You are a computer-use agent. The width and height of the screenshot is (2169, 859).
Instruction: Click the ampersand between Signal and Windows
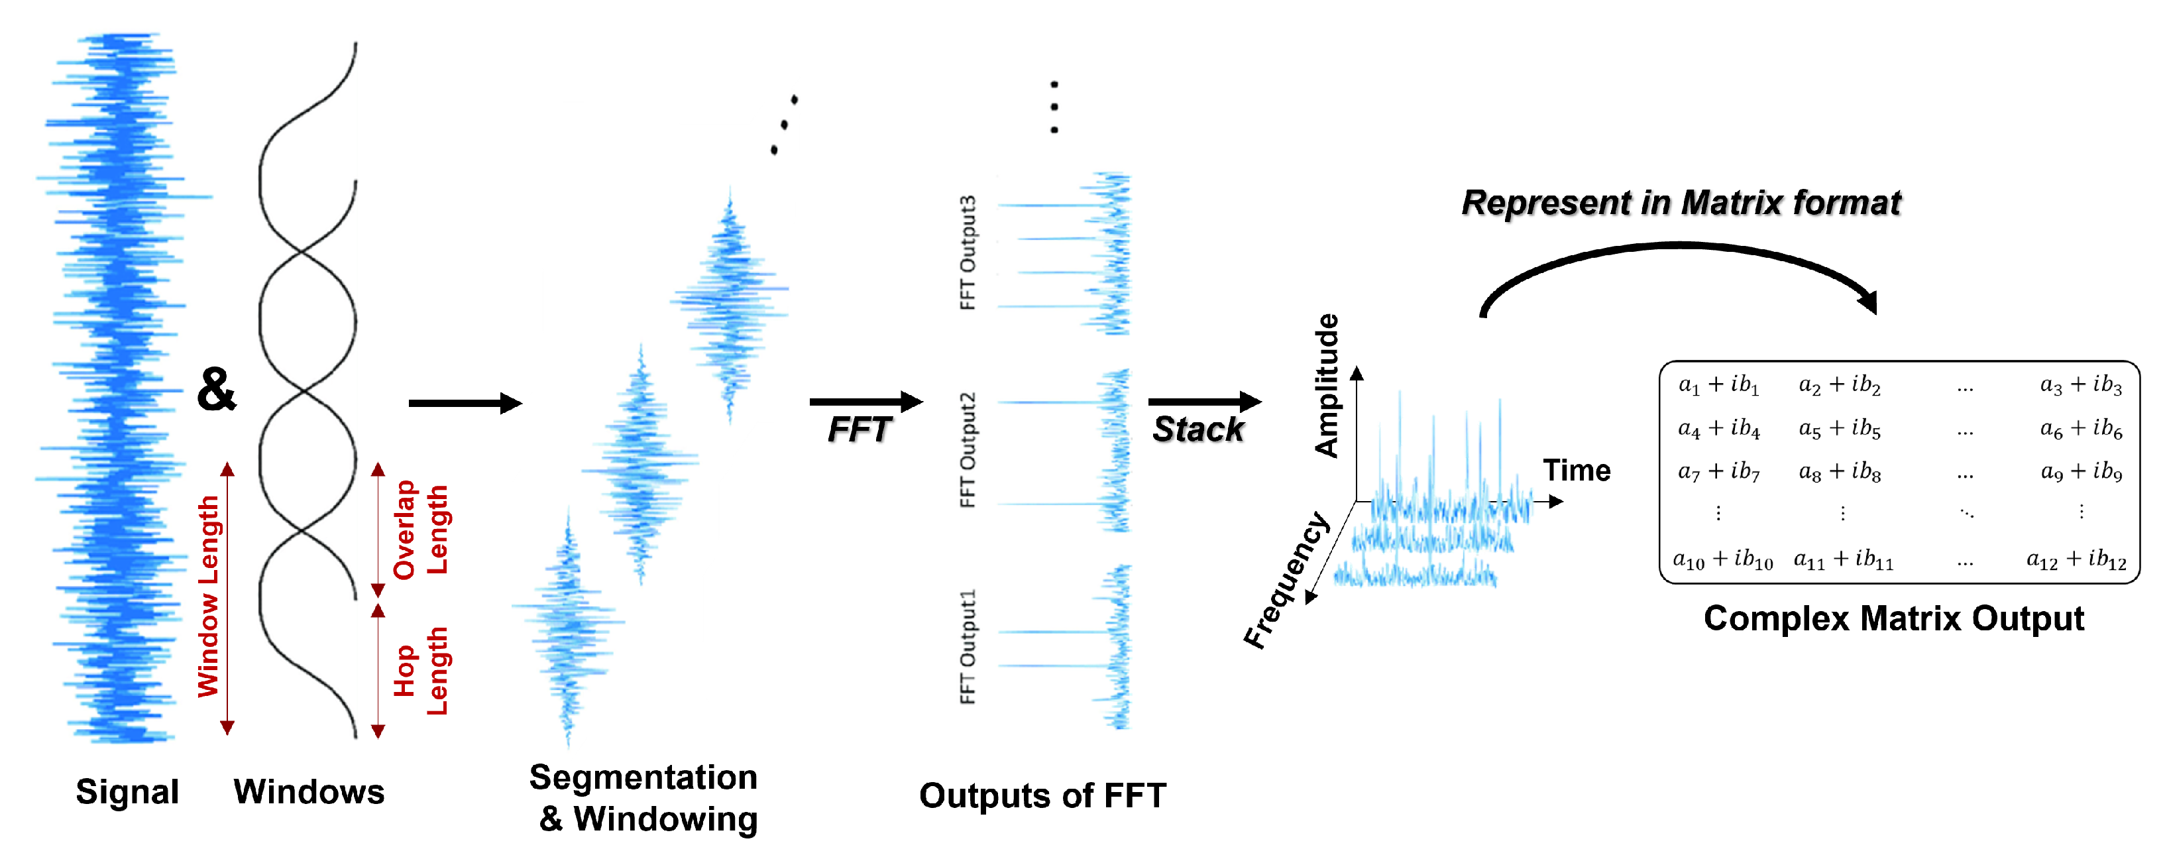click(217, 389)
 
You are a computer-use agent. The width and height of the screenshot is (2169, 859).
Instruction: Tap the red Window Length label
click(208, 597)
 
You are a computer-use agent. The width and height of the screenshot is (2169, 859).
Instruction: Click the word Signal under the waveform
click(127, 791)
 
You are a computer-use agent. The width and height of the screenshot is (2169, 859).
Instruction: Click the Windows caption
click(309, 791)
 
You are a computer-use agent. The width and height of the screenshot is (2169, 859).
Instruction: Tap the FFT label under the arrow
click(858, 429)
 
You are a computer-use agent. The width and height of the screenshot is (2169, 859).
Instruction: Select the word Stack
click(1197, 429)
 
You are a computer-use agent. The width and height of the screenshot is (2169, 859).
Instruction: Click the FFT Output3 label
click(968, 253)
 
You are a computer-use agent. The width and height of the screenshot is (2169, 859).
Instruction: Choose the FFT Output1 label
click(968, 646)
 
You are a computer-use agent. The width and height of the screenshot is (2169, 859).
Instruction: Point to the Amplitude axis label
click(1327, 386)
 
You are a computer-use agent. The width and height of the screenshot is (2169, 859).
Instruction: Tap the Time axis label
click(1577, 471)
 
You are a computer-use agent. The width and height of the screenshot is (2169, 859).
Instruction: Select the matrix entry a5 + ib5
click(1840, 429)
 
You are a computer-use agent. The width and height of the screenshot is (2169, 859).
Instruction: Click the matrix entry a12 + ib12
click(2076, 559)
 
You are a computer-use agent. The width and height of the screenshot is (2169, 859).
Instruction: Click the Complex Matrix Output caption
click(1894, 619)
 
